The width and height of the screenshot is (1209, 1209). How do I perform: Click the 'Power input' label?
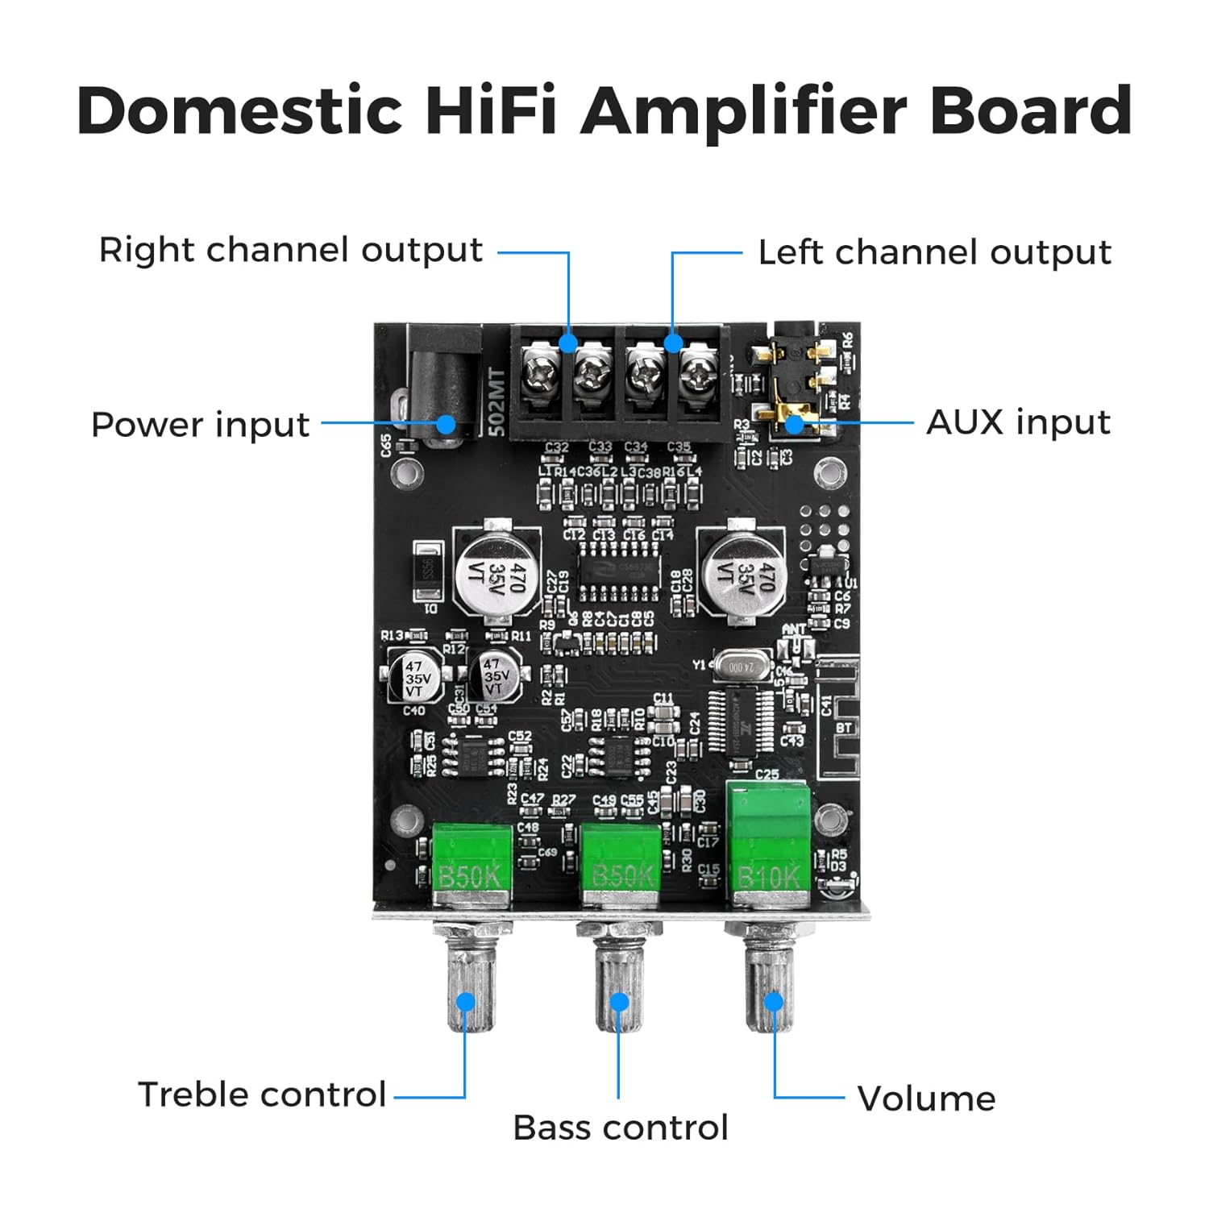point(200,425)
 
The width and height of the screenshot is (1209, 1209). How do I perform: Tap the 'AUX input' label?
point(1018,422)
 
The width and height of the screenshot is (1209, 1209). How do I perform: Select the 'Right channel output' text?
point(290,251)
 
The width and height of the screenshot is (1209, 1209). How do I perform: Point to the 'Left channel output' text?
point(934,253)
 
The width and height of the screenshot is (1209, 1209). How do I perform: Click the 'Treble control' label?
point(262,1095)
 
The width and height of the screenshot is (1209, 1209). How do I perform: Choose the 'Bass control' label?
point(620,1128)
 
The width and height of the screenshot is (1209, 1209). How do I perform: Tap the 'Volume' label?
point(926,1099)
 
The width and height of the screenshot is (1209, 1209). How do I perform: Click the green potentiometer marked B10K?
point(768,842)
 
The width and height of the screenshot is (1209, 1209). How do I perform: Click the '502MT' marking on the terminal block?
point(496,402)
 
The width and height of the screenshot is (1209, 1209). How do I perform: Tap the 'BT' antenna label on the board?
point(843,728)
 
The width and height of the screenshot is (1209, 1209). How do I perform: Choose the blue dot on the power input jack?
point(446,424)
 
